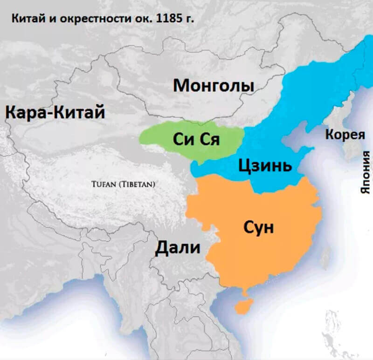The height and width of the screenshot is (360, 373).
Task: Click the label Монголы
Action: pos(214,86)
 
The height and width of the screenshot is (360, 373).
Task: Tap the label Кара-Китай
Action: pos(55,113)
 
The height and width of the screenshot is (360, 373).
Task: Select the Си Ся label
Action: pos(195,138)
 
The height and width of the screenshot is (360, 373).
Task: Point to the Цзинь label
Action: pos(265,165)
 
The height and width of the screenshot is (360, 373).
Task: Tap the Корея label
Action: pos(345,135)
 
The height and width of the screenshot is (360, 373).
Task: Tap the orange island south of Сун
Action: pos(243,306)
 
